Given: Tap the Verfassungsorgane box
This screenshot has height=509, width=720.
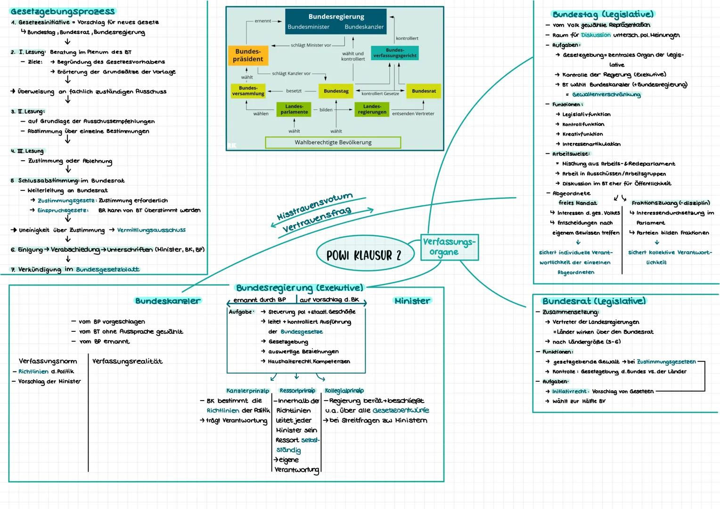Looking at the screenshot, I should (x=449, y=247).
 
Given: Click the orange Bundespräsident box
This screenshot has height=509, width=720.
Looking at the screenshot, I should (x=248, y=55).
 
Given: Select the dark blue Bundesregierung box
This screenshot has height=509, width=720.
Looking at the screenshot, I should (x=335, y=21).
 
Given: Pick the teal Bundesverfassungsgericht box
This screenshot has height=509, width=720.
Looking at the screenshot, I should (x=395, y=53).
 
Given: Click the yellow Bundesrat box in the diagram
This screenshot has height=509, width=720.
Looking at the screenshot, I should (x=424, y=91).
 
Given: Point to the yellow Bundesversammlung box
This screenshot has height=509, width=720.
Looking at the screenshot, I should (x=248, y=91).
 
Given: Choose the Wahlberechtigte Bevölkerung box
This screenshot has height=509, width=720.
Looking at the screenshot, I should (x=333, y=142).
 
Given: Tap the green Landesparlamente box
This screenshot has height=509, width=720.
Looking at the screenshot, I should (x=294, y=109).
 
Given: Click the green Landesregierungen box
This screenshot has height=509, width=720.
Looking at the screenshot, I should (x=372, y=109).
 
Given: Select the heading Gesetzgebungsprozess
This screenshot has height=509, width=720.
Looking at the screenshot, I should (x=63, y=11).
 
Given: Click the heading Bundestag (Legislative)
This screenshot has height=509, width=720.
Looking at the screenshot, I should (x=603, y=15).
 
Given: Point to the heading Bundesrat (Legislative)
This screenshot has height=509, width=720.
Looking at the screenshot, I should (x=594, y=301).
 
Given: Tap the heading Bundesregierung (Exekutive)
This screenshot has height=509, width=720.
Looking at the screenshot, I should (x=299, y=287).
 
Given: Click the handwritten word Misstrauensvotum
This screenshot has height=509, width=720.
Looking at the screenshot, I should (x=314, y=206).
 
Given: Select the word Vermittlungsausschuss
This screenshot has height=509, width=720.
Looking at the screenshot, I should (x=151, y=230).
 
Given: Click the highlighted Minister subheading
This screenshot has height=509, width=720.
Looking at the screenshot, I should (x=412, y=301).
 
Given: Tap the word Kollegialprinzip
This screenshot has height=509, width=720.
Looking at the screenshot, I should (x=344, y=391).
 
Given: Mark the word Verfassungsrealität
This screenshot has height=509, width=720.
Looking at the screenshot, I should (x=127, y=361).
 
